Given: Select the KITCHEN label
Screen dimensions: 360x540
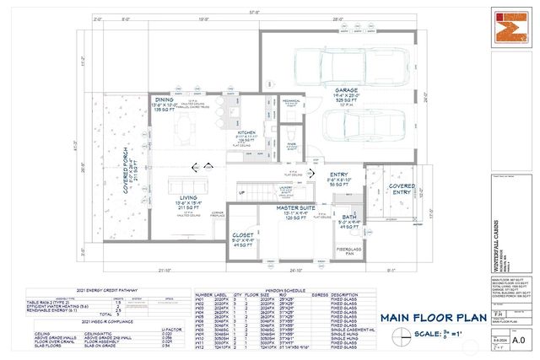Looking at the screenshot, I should [x=246, y=132].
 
